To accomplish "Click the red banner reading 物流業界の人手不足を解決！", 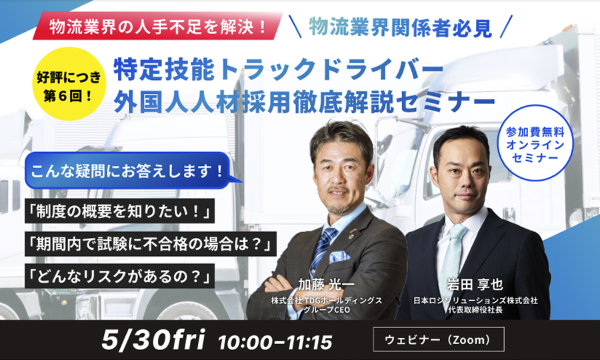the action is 157,26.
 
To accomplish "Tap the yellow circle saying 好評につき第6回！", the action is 69,84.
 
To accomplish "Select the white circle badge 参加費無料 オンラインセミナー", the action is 535,143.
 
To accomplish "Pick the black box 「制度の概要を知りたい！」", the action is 120,211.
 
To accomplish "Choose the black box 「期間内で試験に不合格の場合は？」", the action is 151,244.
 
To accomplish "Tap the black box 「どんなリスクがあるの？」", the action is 120,276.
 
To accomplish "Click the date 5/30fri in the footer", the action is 153,339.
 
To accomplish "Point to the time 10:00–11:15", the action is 275,342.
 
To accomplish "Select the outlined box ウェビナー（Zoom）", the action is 439,339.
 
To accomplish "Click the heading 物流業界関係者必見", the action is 400,27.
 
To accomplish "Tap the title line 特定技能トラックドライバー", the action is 273,70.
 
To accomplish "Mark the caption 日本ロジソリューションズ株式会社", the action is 475,300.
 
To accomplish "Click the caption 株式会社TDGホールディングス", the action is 327,301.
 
